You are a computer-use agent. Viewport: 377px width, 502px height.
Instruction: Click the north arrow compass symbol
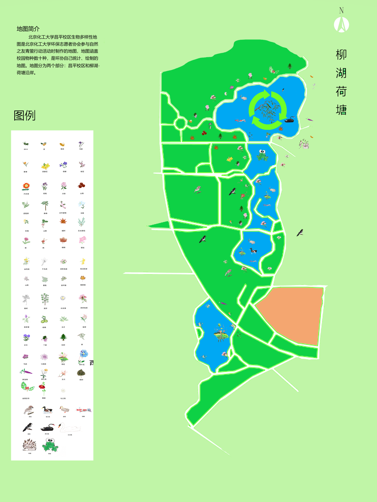tap(341, 24)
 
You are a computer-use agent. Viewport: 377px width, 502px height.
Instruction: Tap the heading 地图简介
tap(28, 29)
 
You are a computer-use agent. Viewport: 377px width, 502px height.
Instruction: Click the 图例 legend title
tap(24, 115)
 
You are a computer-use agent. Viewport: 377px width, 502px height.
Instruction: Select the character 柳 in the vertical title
tap(341, 55)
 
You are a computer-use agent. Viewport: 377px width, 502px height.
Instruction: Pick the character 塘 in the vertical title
tap(341, 110)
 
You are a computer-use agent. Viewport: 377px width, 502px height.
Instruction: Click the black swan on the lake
tap(289, 120)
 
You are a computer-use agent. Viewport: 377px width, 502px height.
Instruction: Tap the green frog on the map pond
tap(262, 155)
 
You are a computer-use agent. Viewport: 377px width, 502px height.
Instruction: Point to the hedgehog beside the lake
tap(304, 143)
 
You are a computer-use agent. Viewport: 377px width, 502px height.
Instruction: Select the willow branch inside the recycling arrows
tap(268, 108)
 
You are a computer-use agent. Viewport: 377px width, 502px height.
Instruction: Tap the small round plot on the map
tap(180, 123)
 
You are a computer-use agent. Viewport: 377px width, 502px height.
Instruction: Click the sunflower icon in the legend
tap(26, 186)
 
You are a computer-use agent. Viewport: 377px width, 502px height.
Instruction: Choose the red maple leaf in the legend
tap(63, 221)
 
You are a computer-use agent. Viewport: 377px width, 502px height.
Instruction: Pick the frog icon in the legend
tap(50, 445)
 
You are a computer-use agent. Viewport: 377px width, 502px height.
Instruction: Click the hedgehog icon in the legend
tap(29, 445)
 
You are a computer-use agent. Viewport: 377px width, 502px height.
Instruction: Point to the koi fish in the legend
tap(83, 410)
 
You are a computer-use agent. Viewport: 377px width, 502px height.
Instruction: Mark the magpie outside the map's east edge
tap(300, 233)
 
